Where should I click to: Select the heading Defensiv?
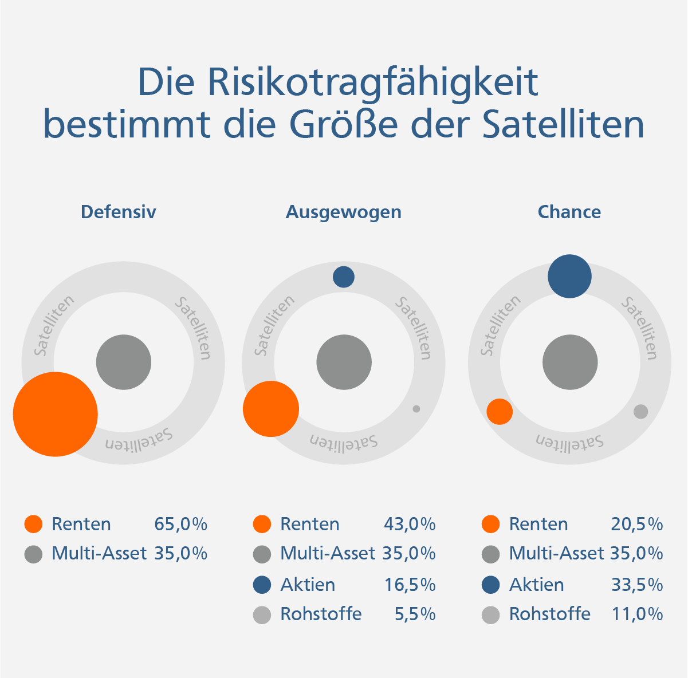click(118, 212)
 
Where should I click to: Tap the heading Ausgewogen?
click(343, 212)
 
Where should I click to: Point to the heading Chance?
click(569, 212)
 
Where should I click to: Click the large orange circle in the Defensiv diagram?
click(56, 414)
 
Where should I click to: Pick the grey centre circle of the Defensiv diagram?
click(123, 362)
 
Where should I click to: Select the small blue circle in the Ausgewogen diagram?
click(344, 277)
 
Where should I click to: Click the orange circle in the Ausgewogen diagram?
click(271, 409)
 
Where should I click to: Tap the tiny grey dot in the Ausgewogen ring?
click(416, 409)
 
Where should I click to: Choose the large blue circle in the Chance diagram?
click(569, 277)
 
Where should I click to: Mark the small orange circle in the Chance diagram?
click(500, 412)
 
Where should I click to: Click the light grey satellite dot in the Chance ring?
click(640, 412)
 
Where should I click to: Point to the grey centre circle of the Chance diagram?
click(570, 362)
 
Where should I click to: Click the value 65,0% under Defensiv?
click(180, 524)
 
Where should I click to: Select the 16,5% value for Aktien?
click(410, 585)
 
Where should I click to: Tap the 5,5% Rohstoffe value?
click(415, 614)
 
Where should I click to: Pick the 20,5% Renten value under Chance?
click(637, 524)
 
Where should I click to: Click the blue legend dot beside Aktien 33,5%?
click(491, 585)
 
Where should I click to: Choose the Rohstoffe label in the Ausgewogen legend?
click(321, 614)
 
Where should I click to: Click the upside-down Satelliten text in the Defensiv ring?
click(138, 440)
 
